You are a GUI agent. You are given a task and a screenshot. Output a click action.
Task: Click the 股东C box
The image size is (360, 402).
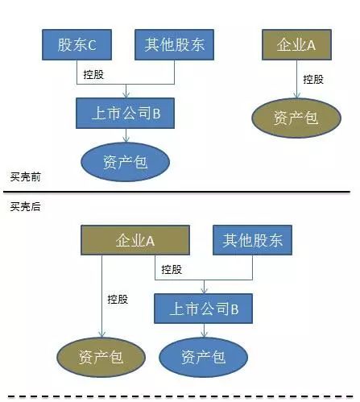coord(77,44)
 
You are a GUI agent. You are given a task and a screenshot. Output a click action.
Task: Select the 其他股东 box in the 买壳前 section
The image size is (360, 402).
coord(174,44)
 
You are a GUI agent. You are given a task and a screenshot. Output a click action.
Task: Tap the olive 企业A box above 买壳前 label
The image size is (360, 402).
coord(296,44)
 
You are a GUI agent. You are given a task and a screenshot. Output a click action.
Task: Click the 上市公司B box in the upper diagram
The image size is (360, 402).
coord(125,113)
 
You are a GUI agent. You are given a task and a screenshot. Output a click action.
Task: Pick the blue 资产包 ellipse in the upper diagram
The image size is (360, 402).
coord(125,162)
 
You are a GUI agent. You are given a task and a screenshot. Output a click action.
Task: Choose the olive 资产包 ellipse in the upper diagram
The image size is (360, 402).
coord(296,118)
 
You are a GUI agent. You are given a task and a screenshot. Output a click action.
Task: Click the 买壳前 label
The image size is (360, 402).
coord(25,177)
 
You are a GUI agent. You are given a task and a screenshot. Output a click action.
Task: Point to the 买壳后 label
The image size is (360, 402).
coord(25,206)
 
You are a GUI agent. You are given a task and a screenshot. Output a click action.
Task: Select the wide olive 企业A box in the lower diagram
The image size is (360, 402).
coord(135,240)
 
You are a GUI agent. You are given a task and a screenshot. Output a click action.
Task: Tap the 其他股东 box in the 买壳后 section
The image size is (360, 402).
coord(252,240)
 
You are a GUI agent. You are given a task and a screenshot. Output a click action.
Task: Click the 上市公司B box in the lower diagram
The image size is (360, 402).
coord(203,309)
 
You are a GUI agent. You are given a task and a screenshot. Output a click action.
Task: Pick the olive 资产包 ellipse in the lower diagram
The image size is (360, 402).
coord(101,358)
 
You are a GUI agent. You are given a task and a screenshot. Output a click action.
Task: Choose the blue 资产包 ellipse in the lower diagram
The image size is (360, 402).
coord(203,358)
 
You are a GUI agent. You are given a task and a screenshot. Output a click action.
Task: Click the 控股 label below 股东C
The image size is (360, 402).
coord(93,74)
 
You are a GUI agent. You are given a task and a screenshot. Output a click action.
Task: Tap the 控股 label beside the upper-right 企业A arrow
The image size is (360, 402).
coord(313,79)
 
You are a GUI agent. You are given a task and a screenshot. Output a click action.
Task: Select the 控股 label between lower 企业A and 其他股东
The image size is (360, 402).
coord(172,269)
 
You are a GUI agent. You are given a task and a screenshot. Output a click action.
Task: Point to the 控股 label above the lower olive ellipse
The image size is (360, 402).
coord(118,299)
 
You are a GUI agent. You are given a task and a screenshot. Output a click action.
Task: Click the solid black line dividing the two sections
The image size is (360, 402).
coord(176,192)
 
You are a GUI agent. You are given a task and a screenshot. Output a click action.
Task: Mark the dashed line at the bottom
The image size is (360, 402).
coord(180,396)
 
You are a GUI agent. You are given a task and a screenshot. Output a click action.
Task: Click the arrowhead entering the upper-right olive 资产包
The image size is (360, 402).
coord(296,95)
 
